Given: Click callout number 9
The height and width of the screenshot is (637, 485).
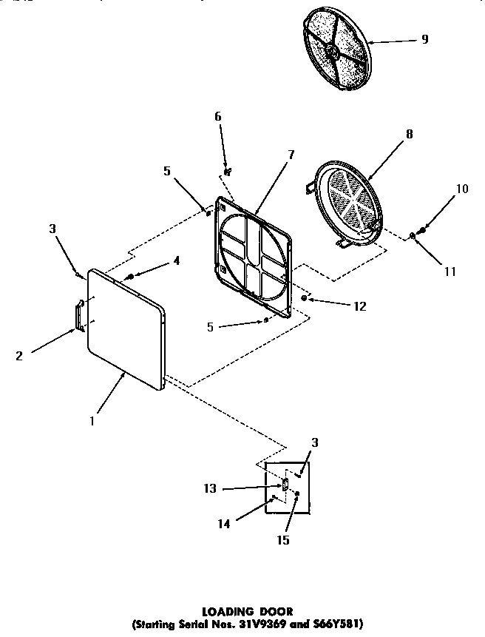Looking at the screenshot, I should (x=424, y=39).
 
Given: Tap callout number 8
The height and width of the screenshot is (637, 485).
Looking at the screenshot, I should (x=409, y=135).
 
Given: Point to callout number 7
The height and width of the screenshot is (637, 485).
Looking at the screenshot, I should (x=291, y=155).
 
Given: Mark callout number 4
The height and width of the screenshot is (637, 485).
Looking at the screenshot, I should (x=177, y=260).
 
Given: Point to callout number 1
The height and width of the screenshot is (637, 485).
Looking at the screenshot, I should (x=91, y=421).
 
